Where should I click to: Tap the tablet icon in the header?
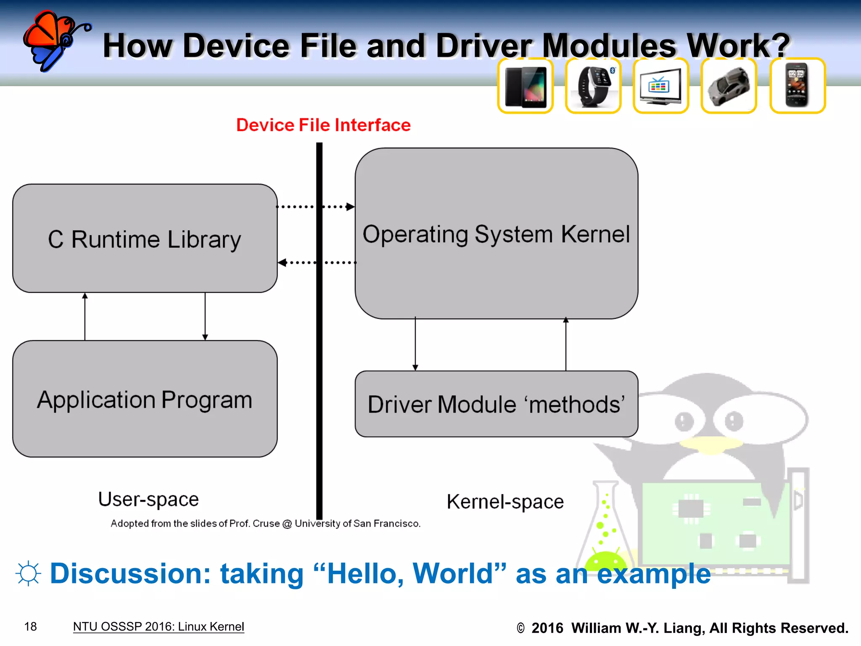pos(526,86)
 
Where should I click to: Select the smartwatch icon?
pos(593,86)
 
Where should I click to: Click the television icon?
pos(661,86)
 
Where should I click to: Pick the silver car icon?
pos(729,86)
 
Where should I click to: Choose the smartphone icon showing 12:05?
pos(797,86)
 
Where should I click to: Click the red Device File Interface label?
pos(323,125)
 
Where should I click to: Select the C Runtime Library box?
pos(145,238)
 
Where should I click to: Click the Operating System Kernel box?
pos(496,233)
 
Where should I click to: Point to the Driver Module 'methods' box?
pos(496,404)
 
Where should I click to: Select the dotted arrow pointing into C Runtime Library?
pos(317,262)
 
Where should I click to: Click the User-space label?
pos(148,499)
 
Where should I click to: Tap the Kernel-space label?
pos(505,502)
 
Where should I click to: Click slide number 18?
pos(31,627)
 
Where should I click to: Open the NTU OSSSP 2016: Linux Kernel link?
pos(158,627)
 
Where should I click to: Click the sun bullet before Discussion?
pos(28,573)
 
